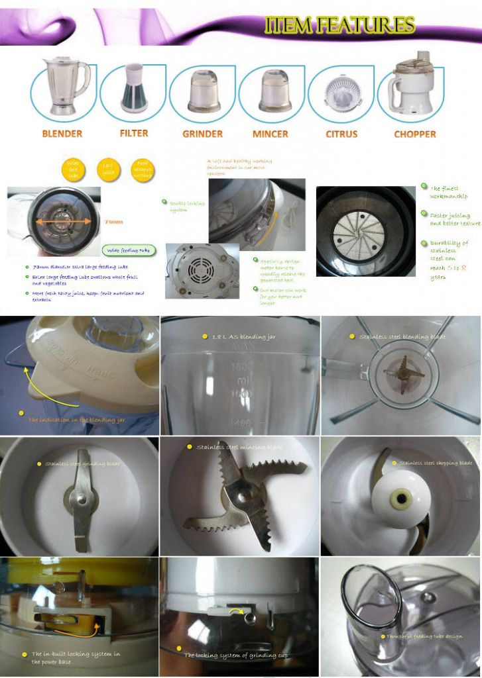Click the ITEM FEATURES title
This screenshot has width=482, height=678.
[x=339, y=25]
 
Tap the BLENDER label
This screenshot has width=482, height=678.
[x=62, y=134]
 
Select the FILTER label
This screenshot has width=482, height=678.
[x=134, y=133]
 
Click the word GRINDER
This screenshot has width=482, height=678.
[x=202, y=134]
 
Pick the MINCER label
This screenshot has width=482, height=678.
[x=271, y=134]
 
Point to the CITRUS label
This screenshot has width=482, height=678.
[x=341, y=134]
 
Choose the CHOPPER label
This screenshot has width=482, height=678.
[x=415, y=134]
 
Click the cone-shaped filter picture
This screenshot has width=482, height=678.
[x=134, y=87]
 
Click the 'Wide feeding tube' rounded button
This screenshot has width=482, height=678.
[x=126, y=250]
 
